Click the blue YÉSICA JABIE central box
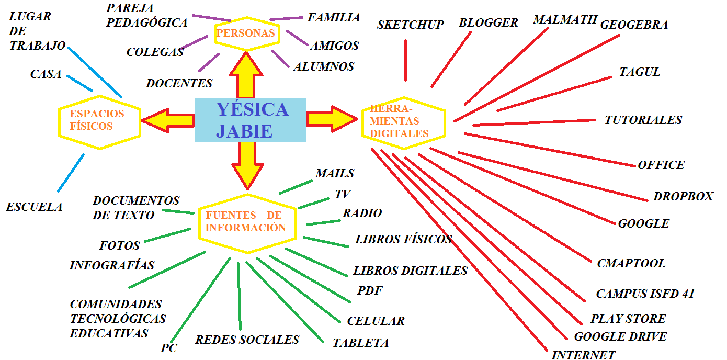tap(251, 120)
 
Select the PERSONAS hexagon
tap(246, 33)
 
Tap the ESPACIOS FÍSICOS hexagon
tap(98, 120)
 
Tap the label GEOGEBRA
tap(634, 25)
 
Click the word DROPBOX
tap(683, 196)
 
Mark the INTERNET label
tap(583, 355)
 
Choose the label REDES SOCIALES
tap(247, 340)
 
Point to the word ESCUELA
tap(34, 207)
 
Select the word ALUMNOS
tap(324, 66)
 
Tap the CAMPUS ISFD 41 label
tap(645, 294)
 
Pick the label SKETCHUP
tap(410, 24)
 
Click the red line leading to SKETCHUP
tap(405, 60)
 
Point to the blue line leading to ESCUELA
tap(71, 173)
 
